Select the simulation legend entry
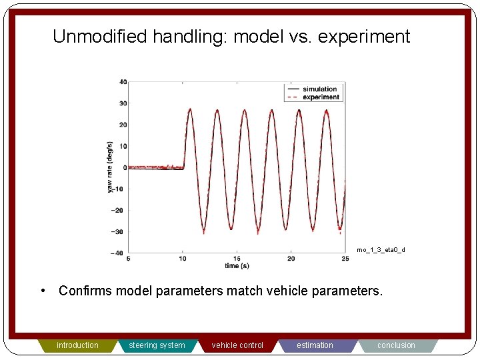(319, 89)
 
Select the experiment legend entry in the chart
(321, 97)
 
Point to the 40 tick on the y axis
(123, 82)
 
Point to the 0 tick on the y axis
(125, 167)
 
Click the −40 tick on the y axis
(119, 253)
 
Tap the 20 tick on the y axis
(123, 125)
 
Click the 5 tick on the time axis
(128, 259)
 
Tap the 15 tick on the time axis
(236, 259)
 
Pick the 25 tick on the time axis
(345, 259)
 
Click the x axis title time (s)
(237, 265)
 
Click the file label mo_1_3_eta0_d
(380, 250)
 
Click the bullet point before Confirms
(43, 291)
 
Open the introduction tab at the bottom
(77, 345)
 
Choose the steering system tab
(157, 345)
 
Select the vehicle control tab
(237, 345)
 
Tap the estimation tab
(315, 345)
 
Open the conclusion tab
(396, 345)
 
